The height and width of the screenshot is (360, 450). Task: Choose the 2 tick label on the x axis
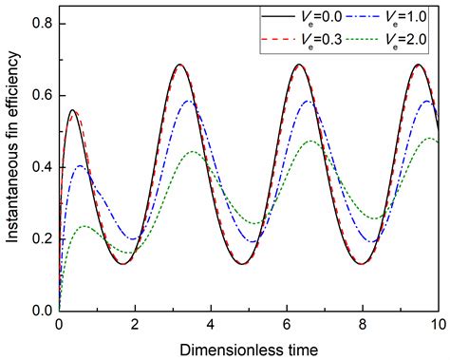click(x=135, y=324)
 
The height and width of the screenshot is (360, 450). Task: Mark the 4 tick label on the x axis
click(x=211, y=324)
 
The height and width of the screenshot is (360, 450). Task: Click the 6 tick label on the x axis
click(x=287, y=324)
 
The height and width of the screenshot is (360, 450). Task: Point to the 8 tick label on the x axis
click(x=363, y=324)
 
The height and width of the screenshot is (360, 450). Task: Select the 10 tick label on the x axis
click(x=437, y=324)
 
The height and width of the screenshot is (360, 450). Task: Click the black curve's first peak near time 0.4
click(x=72, y=110)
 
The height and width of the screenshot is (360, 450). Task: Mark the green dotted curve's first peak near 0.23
click(x=85, y=226)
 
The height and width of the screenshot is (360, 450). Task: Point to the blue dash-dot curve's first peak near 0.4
click(x=80, y=166)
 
